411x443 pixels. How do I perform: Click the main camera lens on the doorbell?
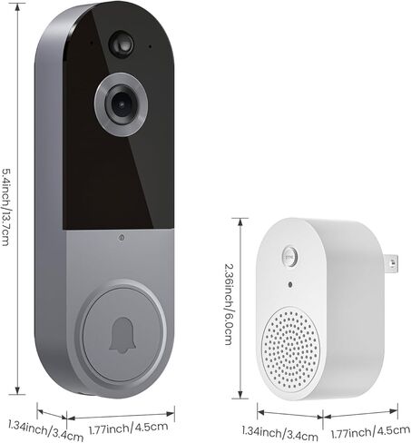click(121, 104)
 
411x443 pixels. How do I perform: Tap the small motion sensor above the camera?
click(122, 44)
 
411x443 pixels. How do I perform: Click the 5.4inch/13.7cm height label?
click(6, 207)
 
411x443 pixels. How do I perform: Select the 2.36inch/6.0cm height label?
click(229, 304)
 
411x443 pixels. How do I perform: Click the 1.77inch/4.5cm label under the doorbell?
click(128, 428)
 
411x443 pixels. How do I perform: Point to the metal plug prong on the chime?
click(391, 262)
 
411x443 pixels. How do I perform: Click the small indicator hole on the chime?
click(290, 284)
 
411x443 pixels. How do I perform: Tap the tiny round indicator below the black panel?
click(122, 238)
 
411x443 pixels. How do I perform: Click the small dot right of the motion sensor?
click(150, 46)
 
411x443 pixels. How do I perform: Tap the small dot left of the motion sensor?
click(92, 43)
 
